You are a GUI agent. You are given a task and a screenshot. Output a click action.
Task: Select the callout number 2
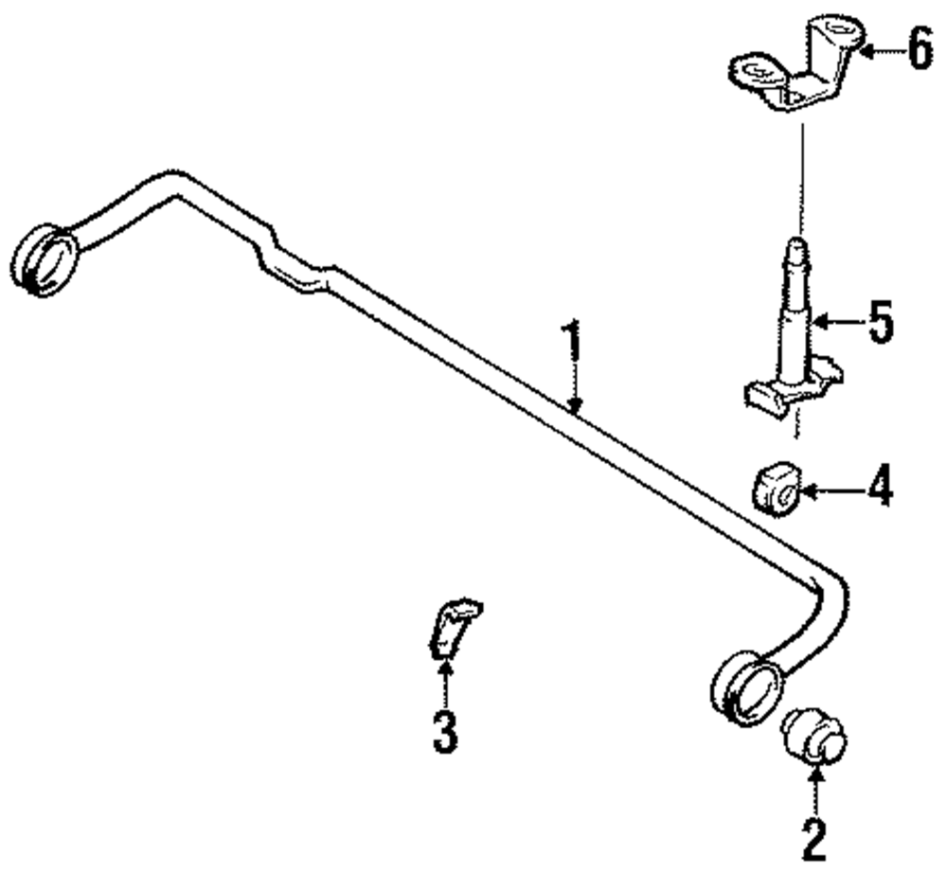(x=814, y=838)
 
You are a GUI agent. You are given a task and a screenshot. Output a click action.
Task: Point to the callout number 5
(x=879, y=322)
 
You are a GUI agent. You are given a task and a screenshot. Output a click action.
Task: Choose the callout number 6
(x=919, y=49)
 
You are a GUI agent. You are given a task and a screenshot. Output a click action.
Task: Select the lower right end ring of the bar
(x=746, y=688)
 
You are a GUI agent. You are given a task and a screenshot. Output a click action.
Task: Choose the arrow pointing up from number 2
(x=815, y=791)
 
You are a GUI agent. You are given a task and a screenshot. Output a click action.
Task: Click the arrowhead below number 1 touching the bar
(x=574, y=405)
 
